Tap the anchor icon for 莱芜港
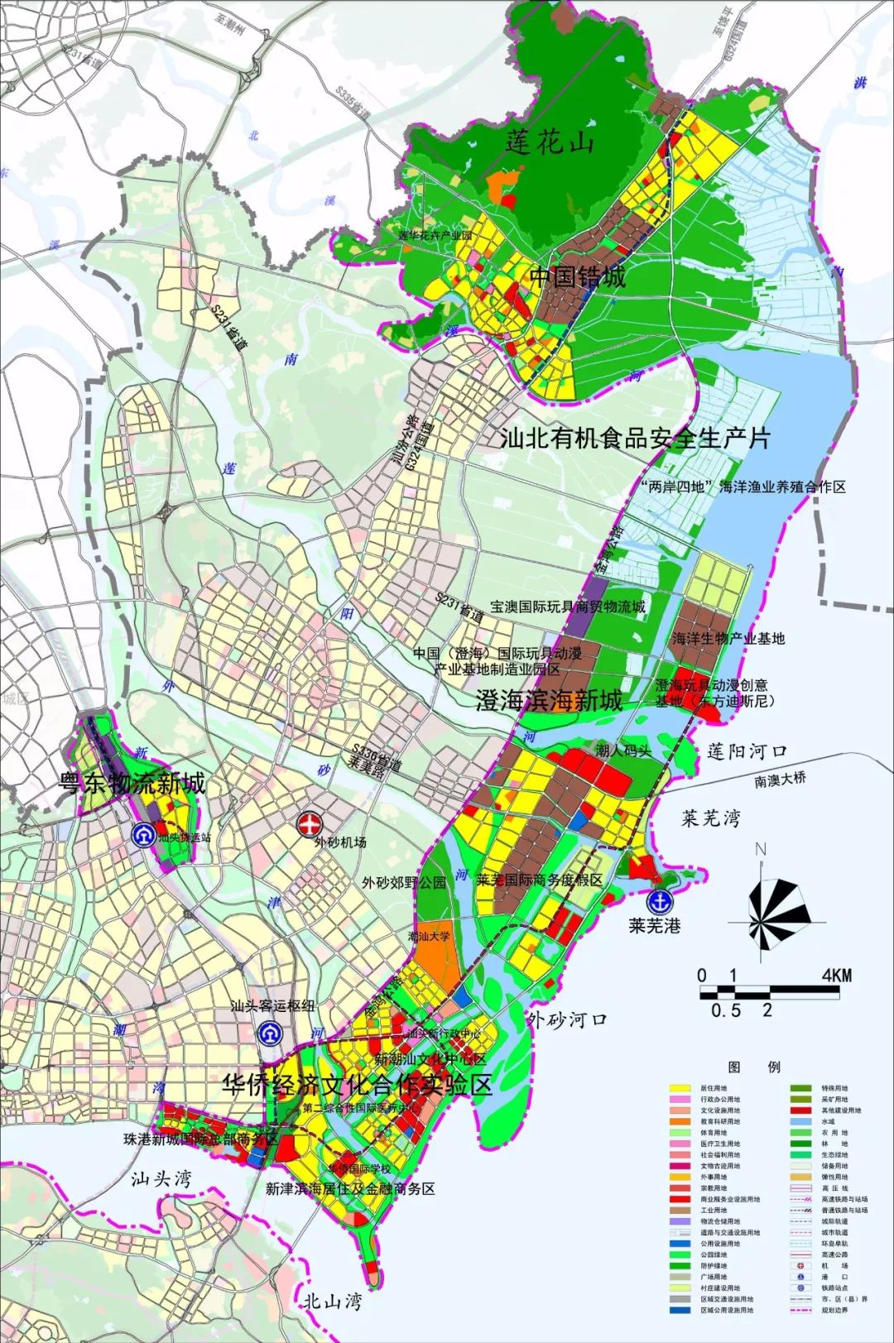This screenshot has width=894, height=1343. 660,901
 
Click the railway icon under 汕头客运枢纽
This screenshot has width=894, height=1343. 267,1033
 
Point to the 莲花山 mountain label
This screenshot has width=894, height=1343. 550,142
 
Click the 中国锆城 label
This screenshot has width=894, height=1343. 577,276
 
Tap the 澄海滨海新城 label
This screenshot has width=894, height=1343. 549,702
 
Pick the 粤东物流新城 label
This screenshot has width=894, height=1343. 131,783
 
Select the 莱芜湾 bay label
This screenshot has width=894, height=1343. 710,818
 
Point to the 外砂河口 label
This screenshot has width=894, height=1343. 567,1019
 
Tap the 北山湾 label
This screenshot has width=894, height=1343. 332,1302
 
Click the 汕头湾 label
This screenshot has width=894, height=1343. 161,1178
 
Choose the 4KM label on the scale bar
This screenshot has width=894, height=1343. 836,976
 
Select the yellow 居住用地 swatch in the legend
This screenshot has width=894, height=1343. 680,1088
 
